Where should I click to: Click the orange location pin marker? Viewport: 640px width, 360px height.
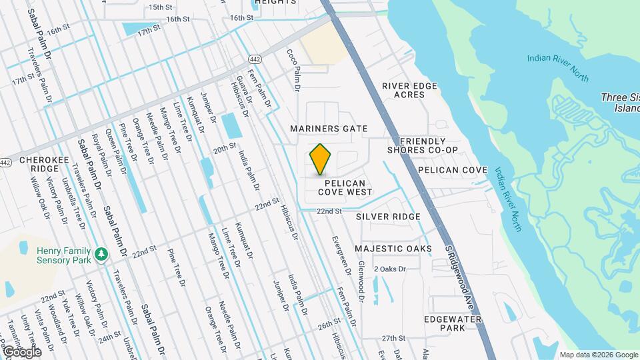pyautogui.click(x=321, y=159)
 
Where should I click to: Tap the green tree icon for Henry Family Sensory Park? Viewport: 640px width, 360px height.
pyautogui.click(x=101, y=254)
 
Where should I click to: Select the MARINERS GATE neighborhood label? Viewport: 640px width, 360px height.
pyautogui.click(x=329, y=128)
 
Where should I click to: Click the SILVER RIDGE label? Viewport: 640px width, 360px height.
pyautogui.click(x=388, y=217)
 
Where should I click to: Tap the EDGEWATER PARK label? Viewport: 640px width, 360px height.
pyautogui.click(x=453, y=324)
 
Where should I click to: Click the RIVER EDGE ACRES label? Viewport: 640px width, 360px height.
pyautogui.click(x=409, y=90)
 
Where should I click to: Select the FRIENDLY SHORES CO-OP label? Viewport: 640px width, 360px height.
pyautogui.click(x=423, y=145)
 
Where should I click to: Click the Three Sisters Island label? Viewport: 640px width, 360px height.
pyautogui.click(x=619, y=102)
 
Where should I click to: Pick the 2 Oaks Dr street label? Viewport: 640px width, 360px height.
pyautogui.click(x=389, y=269)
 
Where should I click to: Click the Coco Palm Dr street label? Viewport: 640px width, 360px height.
pyautogui.click(x=293, y=69)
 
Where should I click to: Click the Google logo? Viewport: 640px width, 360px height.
pyautogui.click(x=21, y=351)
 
